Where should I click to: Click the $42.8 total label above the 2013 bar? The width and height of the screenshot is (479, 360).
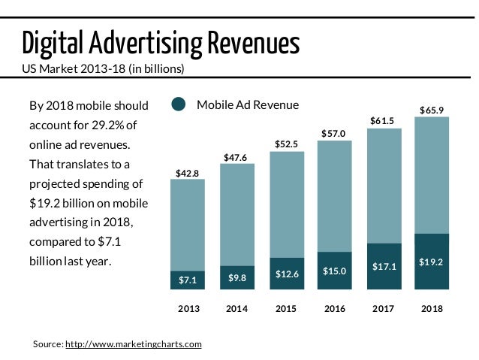point(187,174)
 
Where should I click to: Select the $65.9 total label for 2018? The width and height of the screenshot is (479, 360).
point(431,110)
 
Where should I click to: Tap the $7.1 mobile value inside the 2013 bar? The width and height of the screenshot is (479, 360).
point(187,280)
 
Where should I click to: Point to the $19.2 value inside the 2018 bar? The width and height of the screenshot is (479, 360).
point(431,262)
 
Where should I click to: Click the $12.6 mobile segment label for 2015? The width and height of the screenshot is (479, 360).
point(286,274)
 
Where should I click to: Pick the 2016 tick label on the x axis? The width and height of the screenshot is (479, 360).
point(334,309)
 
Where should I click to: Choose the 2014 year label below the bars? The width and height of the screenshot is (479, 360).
point(236,309)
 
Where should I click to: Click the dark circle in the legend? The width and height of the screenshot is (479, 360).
point(178,105)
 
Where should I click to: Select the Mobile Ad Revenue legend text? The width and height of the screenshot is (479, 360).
point(247,105)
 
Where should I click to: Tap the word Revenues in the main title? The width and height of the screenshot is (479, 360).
point(252,44)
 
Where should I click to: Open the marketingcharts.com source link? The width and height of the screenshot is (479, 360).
point(134,343)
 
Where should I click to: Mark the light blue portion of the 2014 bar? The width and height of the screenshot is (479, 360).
point(236,214)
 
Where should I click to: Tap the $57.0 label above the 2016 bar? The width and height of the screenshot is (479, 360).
point(334,134)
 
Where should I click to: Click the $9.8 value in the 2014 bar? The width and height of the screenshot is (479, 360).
point(236,278)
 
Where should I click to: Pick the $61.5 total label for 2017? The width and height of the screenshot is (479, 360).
point(383,121)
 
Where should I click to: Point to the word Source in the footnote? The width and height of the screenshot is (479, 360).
point(47,343)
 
